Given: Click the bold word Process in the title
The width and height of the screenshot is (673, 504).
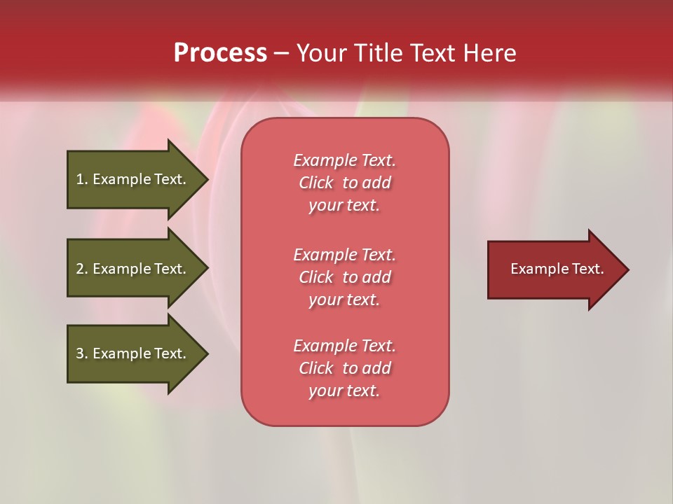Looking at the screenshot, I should click(x=220, y=53).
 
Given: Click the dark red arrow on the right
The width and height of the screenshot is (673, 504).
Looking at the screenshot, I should click(x=554, y=269).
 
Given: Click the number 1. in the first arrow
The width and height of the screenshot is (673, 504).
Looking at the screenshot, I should click(x=82, y=179).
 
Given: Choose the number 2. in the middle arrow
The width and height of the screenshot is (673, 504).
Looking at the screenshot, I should click(x=82, y=269).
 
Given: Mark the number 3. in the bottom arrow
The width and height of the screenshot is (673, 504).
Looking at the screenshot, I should click(x=82, y=353).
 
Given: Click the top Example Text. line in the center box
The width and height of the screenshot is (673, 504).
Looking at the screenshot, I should click(x=344, y=160).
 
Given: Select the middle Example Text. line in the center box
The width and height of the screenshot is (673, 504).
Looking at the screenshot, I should click(x=344, y=255).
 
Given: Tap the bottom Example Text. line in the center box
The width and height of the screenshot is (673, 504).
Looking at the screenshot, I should click(x=344, y=346).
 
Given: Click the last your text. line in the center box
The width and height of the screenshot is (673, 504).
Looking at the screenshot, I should click(x=344, y=391).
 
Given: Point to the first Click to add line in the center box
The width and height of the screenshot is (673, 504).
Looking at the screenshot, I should click(x=344, y=183).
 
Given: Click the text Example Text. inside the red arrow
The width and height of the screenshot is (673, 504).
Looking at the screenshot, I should click(x=557, y=269).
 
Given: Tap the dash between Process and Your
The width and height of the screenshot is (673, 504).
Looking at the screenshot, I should click(x=281, y=54).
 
